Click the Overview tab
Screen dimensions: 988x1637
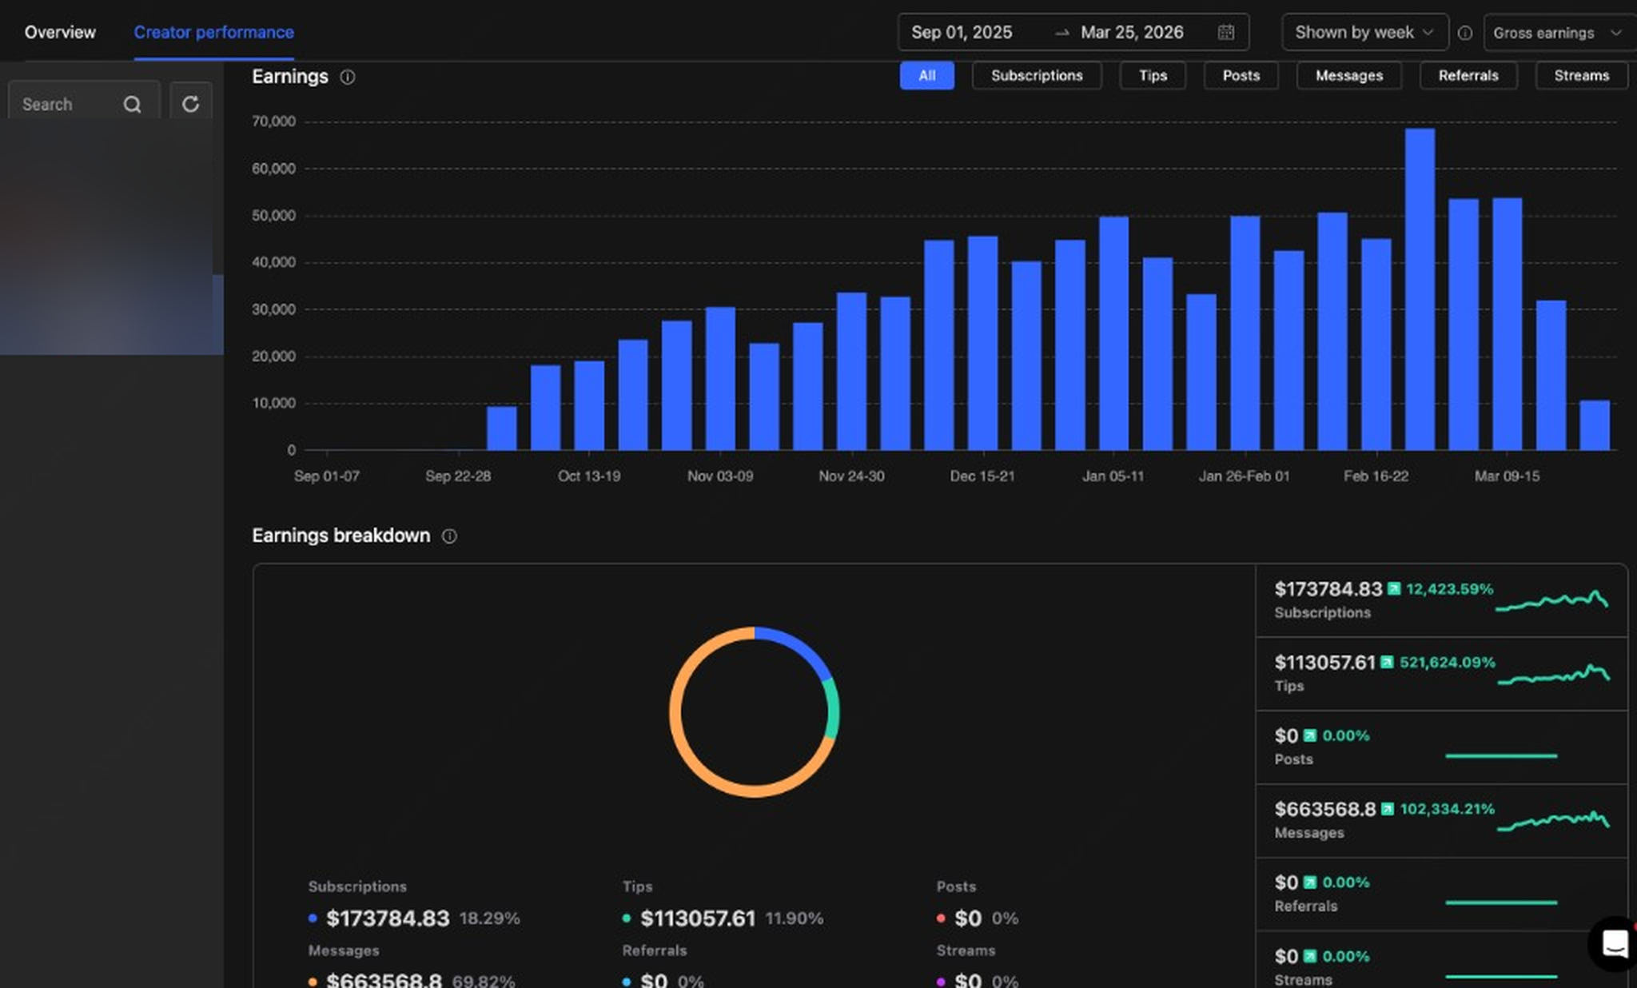[60, 33]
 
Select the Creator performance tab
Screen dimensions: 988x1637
[213, 33]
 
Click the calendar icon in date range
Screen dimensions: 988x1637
[1225, 33]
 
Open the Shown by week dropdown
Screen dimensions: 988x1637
[1364, 33]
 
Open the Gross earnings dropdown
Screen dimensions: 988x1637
[1556, 33]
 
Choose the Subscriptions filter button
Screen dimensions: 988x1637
[1036, 76]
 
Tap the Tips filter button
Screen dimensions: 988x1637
[1152, 76]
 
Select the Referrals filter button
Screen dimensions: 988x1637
[1468, 76]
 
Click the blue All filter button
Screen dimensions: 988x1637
[926, 76]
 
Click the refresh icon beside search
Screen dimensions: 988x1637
[190, 104]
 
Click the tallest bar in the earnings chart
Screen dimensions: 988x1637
[1420, 288]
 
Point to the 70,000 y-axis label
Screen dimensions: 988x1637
[273, 122]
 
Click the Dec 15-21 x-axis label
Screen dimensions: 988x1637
[982, 476]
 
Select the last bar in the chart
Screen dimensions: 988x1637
[1594, 425]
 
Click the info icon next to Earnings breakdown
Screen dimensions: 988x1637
[449, 536]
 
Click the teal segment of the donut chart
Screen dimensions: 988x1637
[833, 710]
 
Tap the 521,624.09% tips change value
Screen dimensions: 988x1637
[1447, 663]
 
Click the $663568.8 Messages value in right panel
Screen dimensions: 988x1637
[1324, 809]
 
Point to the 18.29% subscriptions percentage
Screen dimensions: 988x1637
[489, 918]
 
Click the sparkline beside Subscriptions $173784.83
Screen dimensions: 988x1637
[1551, 600]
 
